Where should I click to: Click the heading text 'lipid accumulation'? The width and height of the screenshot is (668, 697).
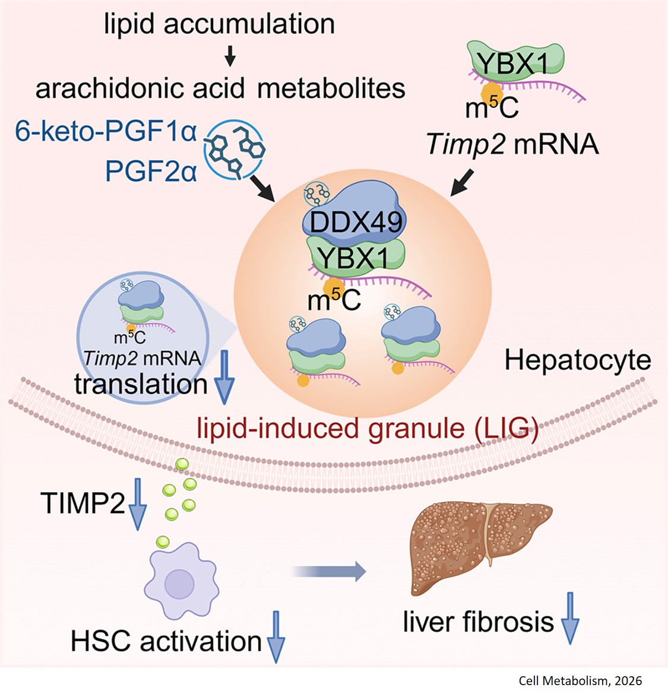point(219,24)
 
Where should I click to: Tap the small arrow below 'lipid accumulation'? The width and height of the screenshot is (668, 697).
point(231,58)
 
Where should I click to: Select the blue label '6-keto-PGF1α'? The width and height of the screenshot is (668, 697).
point(106,132)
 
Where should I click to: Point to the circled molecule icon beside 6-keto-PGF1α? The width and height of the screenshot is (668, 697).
point(234,150)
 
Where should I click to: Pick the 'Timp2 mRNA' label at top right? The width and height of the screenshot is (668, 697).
point(512,144)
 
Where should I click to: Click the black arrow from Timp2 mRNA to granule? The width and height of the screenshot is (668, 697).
point(463,182)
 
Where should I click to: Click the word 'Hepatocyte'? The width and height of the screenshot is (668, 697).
point(577,360)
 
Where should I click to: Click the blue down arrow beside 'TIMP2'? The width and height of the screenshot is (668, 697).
point(137,507)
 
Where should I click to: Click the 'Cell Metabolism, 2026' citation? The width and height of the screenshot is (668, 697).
point(580,681)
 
